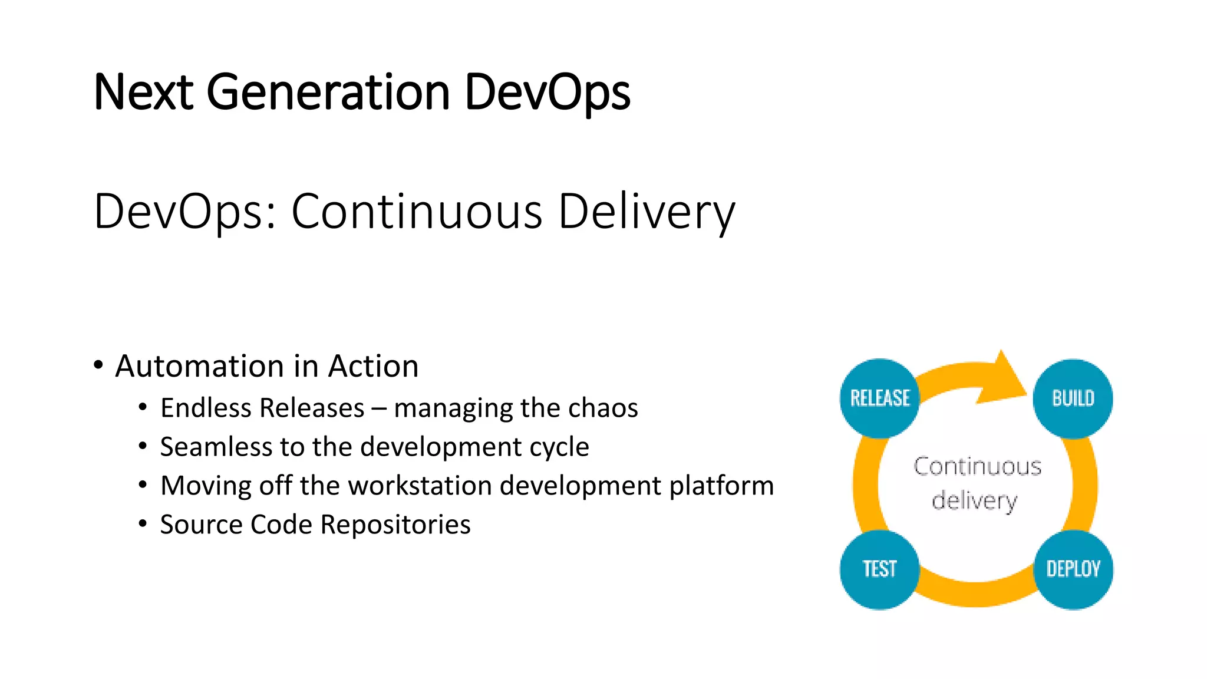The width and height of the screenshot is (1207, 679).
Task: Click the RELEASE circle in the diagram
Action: (x=879, y=398)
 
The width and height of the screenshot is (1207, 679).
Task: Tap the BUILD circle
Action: (x=1073, y=398)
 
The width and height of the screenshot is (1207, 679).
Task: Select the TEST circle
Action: (x=879, y=569)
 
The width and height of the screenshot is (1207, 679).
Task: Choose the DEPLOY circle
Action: (x=1073, y=569)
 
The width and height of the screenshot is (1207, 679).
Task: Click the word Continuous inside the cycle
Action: (x=977, y=466)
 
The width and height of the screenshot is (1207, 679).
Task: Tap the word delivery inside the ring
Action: (x=974, y=500)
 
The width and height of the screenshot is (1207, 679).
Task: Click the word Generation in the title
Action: (x=328, y=93)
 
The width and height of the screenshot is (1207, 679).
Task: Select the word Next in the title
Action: (x=143, y=93)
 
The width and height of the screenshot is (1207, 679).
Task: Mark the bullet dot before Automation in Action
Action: (x=98, y=365)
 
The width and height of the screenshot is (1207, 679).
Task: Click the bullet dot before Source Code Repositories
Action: (x=143, y=523)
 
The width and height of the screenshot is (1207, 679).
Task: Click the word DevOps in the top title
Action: (x=547, y=93)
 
